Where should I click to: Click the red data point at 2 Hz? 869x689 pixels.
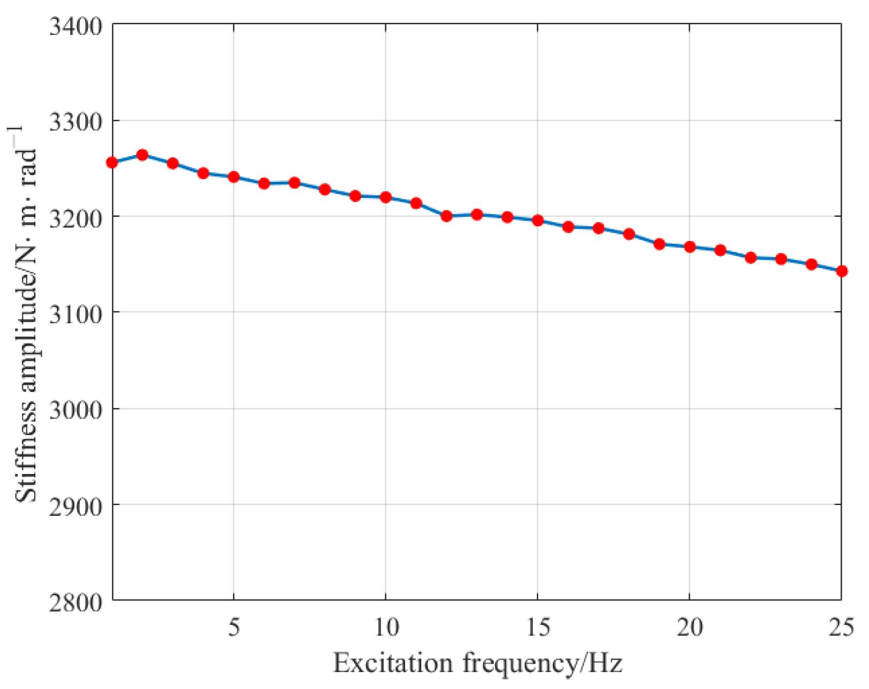pyautogui.click(x=142, y=155)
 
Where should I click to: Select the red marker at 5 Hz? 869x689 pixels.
pyautogui.click(x=234, y=177)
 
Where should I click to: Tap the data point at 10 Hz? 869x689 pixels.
pyautogui.click(x=386, y=197)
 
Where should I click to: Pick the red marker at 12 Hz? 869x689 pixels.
pyautogui.click(x=447, y=216)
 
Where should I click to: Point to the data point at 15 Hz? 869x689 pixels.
pyautogui.click(x=538, y=221)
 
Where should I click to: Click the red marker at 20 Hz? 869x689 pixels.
pyautogui.click(x=690, y=247)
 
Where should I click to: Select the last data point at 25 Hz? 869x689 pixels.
pyautogui.click(x=842, y=271)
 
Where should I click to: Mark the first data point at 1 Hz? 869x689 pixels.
pyautogui.click(x=112, y=162)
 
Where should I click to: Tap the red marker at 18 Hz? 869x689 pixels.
pyautogui.click(x=629, y=234)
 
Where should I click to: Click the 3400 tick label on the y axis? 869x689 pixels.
pyautogui.click(x=76, y=25)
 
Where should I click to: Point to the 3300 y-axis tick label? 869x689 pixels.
pyautogui.click(x=76, y=122)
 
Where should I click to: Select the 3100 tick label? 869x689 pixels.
pyautogui.click(x=76, y=314)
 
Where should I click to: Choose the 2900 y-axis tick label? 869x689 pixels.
pyautogui.click(x=76, y=506)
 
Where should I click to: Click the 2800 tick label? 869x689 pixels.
pyautogui.click(x=76, y=602)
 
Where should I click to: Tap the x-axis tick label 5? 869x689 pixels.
pyautogui.click(x=234, y=627)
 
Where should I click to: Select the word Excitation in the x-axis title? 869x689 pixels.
pyautogui.click(x=393, y=663)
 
